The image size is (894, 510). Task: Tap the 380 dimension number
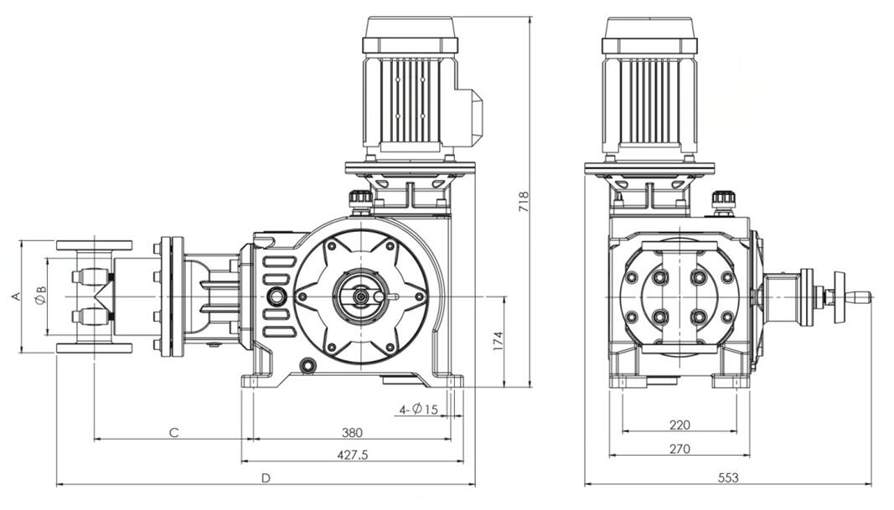tap(352, 433)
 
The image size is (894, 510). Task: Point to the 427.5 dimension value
tap(352, 455)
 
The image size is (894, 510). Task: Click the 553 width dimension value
tap(728, 478)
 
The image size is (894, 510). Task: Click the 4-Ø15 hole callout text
tap(419, 410)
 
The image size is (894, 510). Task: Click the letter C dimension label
tap(173, 433)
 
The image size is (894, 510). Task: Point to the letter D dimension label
tap(266, 478)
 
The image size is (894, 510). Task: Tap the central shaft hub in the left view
tap(360, 296)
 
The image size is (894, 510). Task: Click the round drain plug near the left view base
tap(307, 365)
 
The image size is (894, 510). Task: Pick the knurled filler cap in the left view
tap(360, 199)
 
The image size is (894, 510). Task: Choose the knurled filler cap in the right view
tap(723, 201)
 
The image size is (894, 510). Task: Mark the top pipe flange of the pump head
tap(94, 245)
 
